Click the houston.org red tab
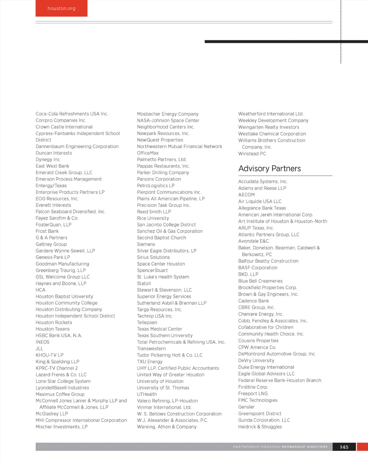click(61, 8)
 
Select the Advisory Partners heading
click(269, 169)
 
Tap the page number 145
click(344, 447)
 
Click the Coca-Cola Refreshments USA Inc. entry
click(72, 114)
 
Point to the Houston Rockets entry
click(54, 322)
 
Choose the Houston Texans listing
click(53, 329)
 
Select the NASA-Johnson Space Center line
click(168, 121)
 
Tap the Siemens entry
click(146, 244)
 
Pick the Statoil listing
click(144, 283)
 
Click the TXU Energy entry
click(149, 362)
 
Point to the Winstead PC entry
click(252, 154)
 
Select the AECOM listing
click(246, 195)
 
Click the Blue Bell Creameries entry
click(260, 281)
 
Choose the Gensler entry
click(246, 407)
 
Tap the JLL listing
click(39, 349)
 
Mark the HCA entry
click(40, 290)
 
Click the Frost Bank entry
click(47, 231)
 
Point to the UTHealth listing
click(146, 394)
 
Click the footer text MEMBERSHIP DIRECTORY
click(305, 447)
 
